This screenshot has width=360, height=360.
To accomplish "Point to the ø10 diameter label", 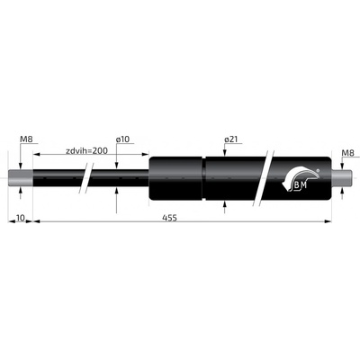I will pyautogui.click(x=123, y=139).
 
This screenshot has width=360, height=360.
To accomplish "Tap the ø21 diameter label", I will pyautogui.click(x=230, y=139).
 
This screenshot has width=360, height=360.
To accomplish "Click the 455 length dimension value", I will pyautogui.click(x=169, y=217).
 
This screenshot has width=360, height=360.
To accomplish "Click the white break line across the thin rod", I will pyautogui.click(x=85, y=179).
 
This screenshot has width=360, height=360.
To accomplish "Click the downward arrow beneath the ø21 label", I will pyautogui.click(x=223, y=152).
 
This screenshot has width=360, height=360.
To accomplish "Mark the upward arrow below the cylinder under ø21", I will pyautogui.click(x=223, y=206).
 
